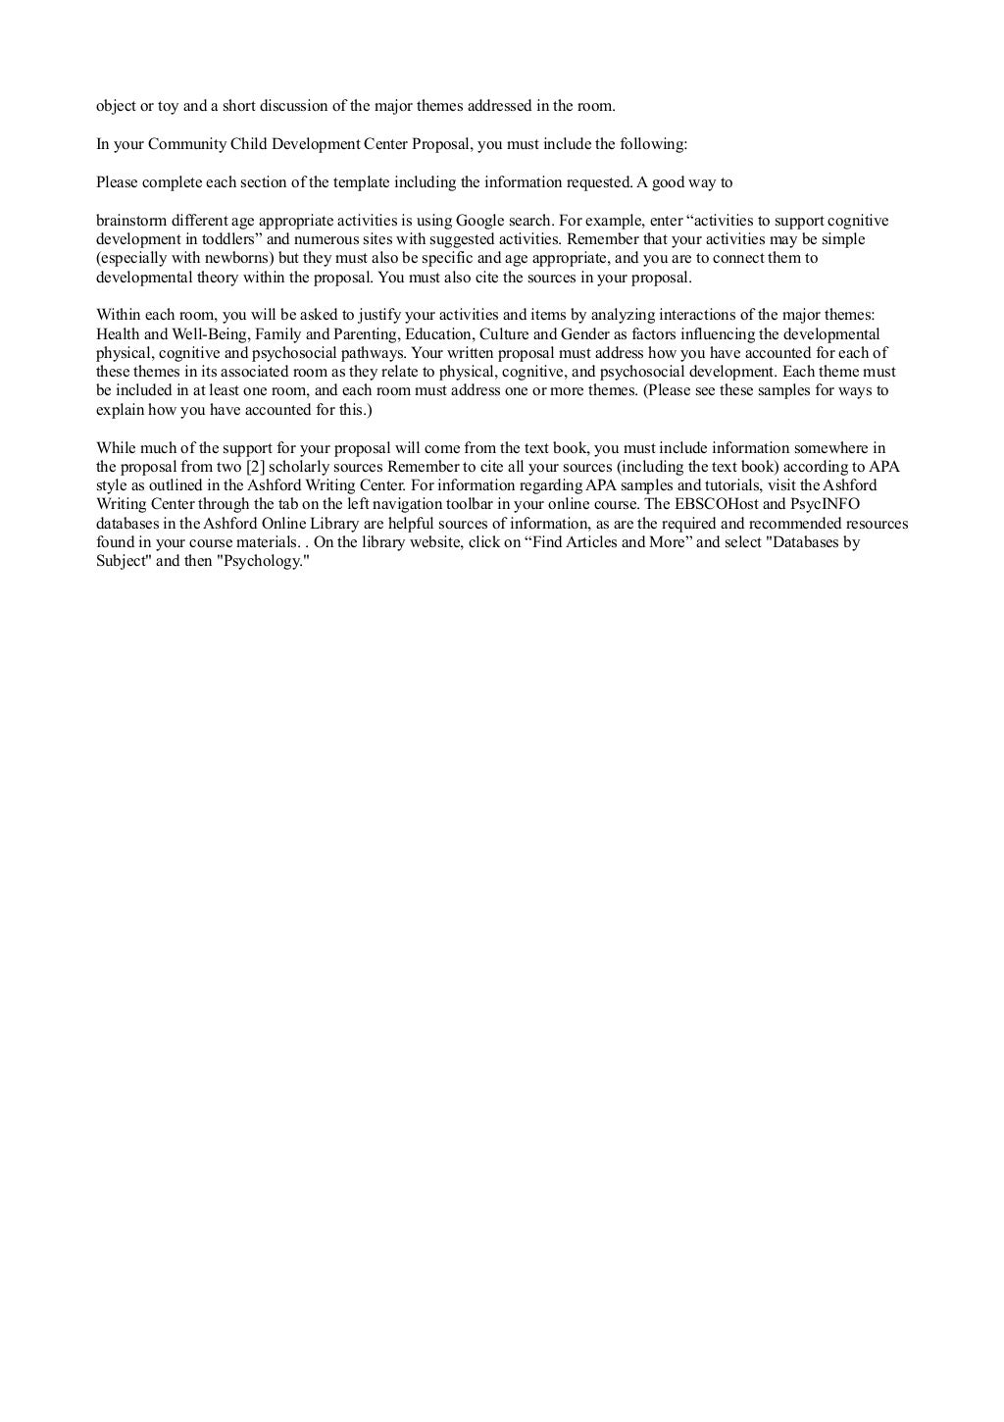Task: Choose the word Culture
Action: pyautogui.click(x=504, y=334)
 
